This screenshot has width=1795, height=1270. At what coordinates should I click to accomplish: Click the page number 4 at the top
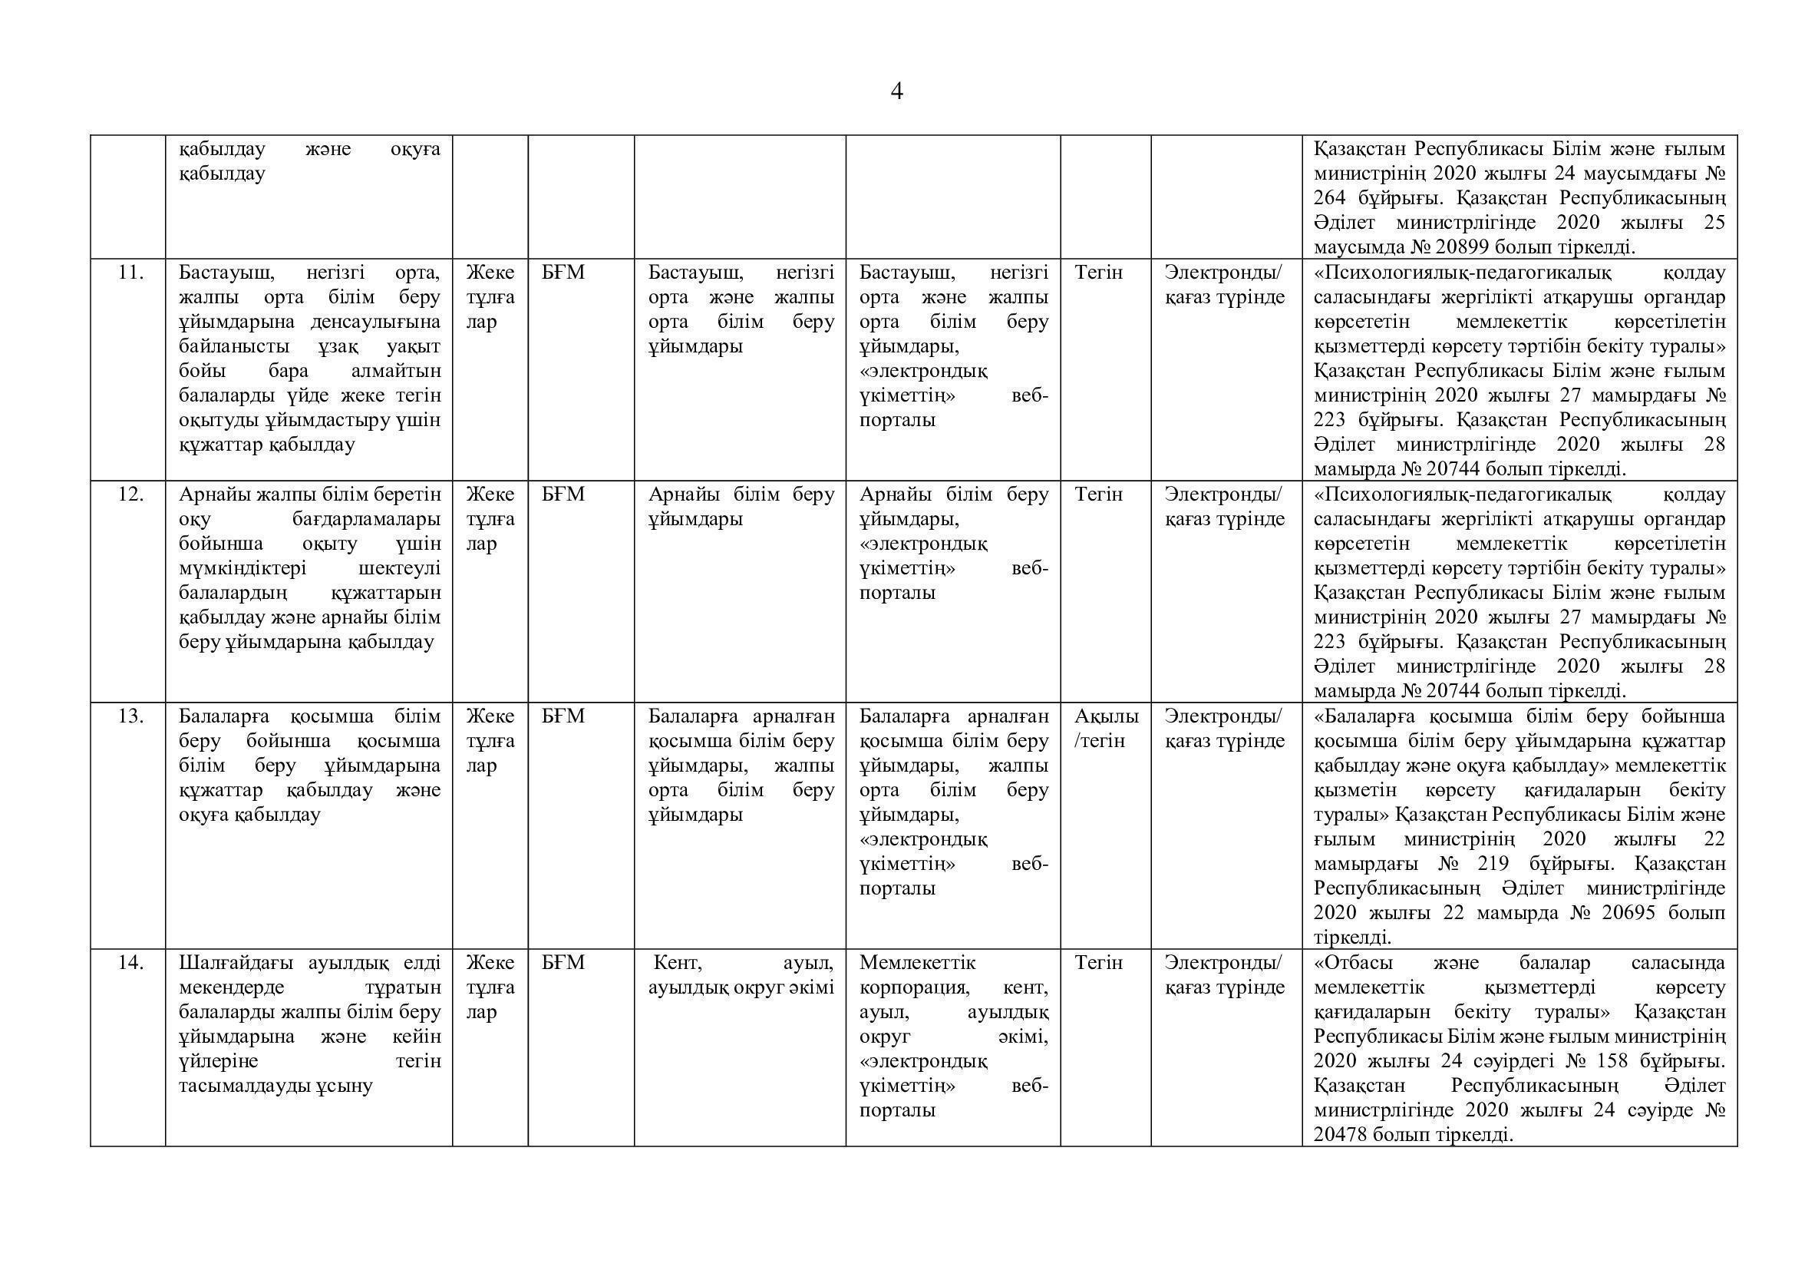click(896, 92)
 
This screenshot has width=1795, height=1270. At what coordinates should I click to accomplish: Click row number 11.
click(130, 273)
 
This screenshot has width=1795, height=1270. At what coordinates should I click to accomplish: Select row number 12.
click(130, 494)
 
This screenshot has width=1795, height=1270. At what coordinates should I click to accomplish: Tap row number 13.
click(130, 716)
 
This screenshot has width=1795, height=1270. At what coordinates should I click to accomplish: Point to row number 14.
click(130, 963)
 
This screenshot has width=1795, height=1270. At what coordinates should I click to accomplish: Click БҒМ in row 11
click(563, 273)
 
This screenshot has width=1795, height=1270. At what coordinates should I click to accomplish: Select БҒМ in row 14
click(563, 963)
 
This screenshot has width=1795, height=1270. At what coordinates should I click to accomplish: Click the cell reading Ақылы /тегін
click(1105, 728)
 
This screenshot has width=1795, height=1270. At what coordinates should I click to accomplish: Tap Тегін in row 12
click(1098, 494)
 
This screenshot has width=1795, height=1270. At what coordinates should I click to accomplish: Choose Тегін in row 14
click(1098, 963)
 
